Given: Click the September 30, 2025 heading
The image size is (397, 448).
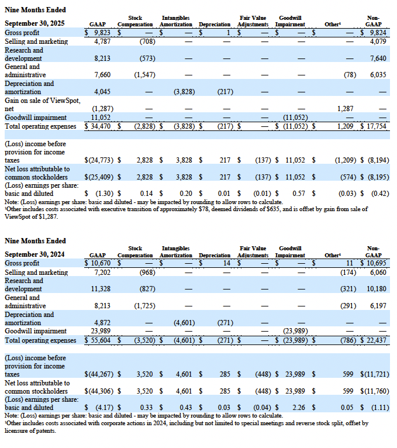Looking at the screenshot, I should pyautogui.click(x=34, y=23).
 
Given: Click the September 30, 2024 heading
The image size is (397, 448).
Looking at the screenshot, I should pyautogui.click(x=34, y=254).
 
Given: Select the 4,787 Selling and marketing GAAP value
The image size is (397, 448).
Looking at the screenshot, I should pyautogui.click(x=102, y=42).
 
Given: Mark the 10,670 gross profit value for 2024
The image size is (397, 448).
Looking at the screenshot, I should pyautogui.click(x=101, y=264).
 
